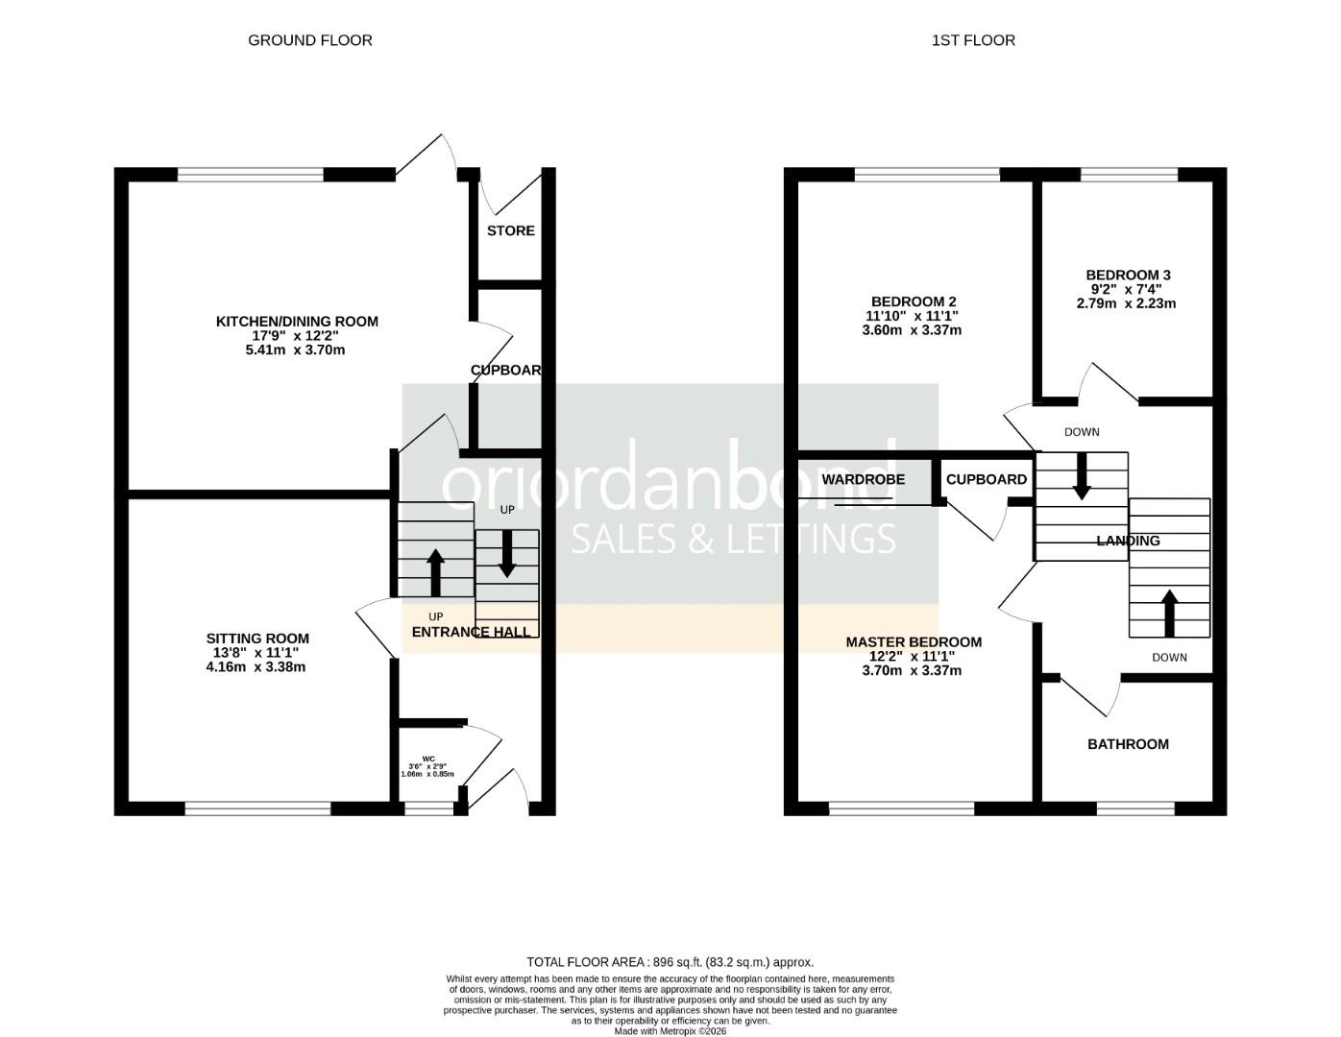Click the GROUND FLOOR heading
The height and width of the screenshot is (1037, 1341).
(309, 40)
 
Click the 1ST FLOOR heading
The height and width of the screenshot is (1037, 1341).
(972, 40)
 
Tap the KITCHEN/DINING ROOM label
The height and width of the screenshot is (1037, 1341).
(297, 322)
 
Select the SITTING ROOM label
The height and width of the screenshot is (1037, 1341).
(257, 639)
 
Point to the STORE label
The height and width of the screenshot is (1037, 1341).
(510, 230)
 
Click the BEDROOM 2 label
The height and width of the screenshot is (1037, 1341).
(913, 301)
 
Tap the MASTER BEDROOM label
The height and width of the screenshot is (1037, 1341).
(913, 642)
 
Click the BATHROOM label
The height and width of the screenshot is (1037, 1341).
(1128, 744)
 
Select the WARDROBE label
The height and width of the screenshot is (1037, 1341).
(863, 479)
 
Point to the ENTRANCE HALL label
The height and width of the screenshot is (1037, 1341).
(471, 632)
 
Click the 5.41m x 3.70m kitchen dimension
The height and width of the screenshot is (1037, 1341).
(295, 350)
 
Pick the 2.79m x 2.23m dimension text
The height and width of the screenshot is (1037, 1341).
(1126, 303)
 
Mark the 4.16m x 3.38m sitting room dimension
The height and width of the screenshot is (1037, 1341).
(256, 667)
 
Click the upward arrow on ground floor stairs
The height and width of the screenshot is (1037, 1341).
(435, 572)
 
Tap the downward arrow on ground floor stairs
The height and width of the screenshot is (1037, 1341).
(506, 554)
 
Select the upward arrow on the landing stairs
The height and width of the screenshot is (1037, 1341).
(1169, 614)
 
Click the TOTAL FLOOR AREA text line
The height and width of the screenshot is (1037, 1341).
(670, 962)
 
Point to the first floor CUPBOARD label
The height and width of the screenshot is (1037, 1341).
(986, 479)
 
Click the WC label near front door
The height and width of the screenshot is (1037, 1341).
(428, 759)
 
